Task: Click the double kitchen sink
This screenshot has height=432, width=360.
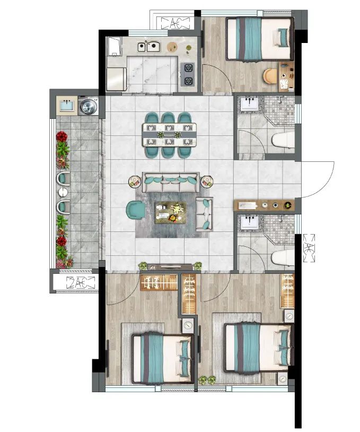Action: (149, 46)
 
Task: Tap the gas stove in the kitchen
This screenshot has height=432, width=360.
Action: (188, 74)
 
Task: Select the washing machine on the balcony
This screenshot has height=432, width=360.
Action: (89, 106)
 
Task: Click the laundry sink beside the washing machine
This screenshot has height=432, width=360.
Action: (67, 105)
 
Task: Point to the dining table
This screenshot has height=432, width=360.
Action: (169, 135)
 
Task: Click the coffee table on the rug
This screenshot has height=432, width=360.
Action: (171, 213)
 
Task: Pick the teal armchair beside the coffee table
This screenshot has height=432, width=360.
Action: (135, 210)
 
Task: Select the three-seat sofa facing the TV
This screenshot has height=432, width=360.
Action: (171, 182)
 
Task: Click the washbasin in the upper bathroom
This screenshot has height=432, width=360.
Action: (250, 104)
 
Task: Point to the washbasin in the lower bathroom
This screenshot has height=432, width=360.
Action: (250, 222)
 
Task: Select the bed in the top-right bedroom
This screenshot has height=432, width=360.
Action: (260, 39)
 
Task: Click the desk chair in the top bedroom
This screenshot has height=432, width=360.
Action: (270, 76)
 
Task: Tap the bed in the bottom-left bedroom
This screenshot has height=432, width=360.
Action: (163, 359)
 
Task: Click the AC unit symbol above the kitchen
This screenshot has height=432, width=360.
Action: (175, 23)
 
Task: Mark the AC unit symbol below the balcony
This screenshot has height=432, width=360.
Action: (81, 282)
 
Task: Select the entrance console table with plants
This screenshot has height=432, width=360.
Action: (264, 205)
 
